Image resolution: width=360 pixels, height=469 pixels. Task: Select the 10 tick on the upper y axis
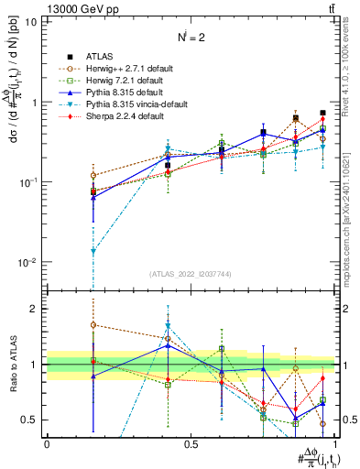pyautogui.click(x=30, y=21)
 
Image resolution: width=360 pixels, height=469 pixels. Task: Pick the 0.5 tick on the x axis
pyautogui.click(x=191, y=443)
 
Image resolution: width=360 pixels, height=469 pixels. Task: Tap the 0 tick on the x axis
pyautogui.click(x=47, y=443)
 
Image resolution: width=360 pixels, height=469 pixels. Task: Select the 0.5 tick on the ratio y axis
pyautogui.click(x=31, y=420)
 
